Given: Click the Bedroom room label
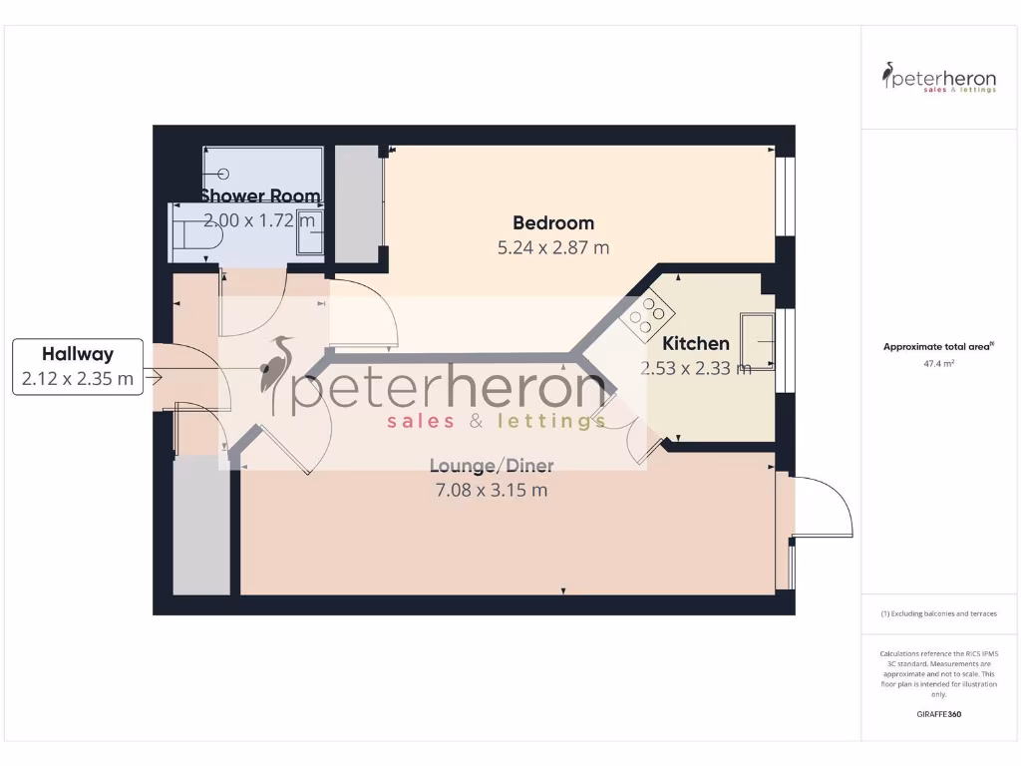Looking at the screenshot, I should pyautogui.click(x=553, y=222).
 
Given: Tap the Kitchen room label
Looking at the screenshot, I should pyautogui.click(x=696, y=343).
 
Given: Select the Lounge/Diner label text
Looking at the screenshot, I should pyautogui.click(x=492, y=466).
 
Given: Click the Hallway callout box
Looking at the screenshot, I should pyautogui.click(x=77, y=366).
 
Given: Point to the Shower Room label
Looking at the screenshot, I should pyautogui.click(x=260, y=195).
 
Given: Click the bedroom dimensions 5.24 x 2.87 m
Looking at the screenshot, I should pyautogui.click(x=553, y=247).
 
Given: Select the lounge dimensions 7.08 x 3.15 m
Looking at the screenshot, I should pyautogui.click(x=492, y=491).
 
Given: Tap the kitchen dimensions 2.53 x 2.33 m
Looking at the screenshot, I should pyautogui.click(x=696, y=368).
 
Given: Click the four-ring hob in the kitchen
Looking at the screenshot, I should pyautogui.click(x=644, y=313).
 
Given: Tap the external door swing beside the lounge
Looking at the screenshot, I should pyautogui.click(x=822, y=508).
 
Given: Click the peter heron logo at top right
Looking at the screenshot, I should pyautogui.click(x=939, y=78).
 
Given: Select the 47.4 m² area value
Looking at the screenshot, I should pyautogui.click(x=939, y=364).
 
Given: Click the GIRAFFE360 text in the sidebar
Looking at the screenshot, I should pyautogui.click(x=939, y=714).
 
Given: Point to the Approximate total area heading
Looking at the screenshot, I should pyautogui.click(x=938, y=347).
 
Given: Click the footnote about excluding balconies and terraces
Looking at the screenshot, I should pyautogui.click(x=939, y=613).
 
